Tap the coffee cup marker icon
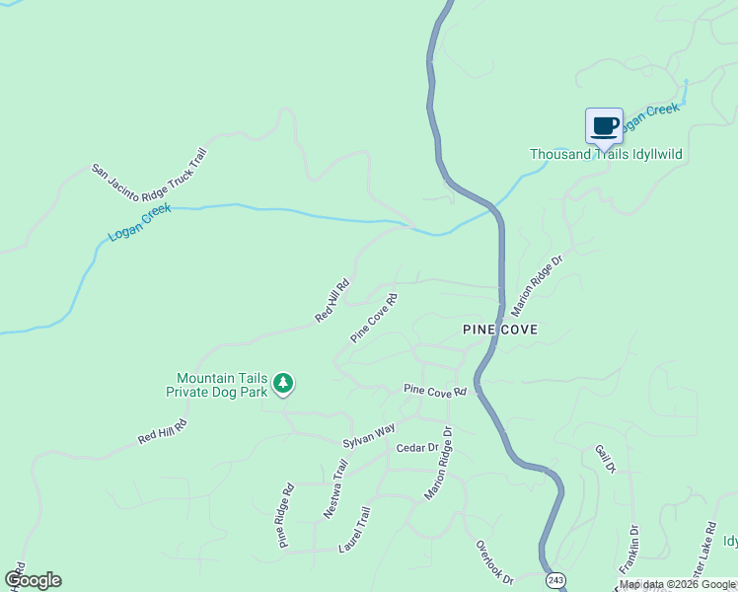click(605, 126)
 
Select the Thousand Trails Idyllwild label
click(606, 155)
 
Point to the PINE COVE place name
click(500, 330)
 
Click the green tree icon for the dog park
click(283, 383)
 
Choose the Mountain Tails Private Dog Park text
click(223, 384)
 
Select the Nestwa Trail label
click(336, 490)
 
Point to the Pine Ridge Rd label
click(286, 515)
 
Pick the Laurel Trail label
click(353, 530)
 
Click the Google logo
click(34, 580)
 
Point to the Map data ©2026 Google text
click(676, 584)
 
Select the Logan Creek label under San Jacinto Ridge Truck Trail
click(140, 222)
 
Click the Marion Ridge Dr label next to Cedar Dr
click(437, 464)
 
